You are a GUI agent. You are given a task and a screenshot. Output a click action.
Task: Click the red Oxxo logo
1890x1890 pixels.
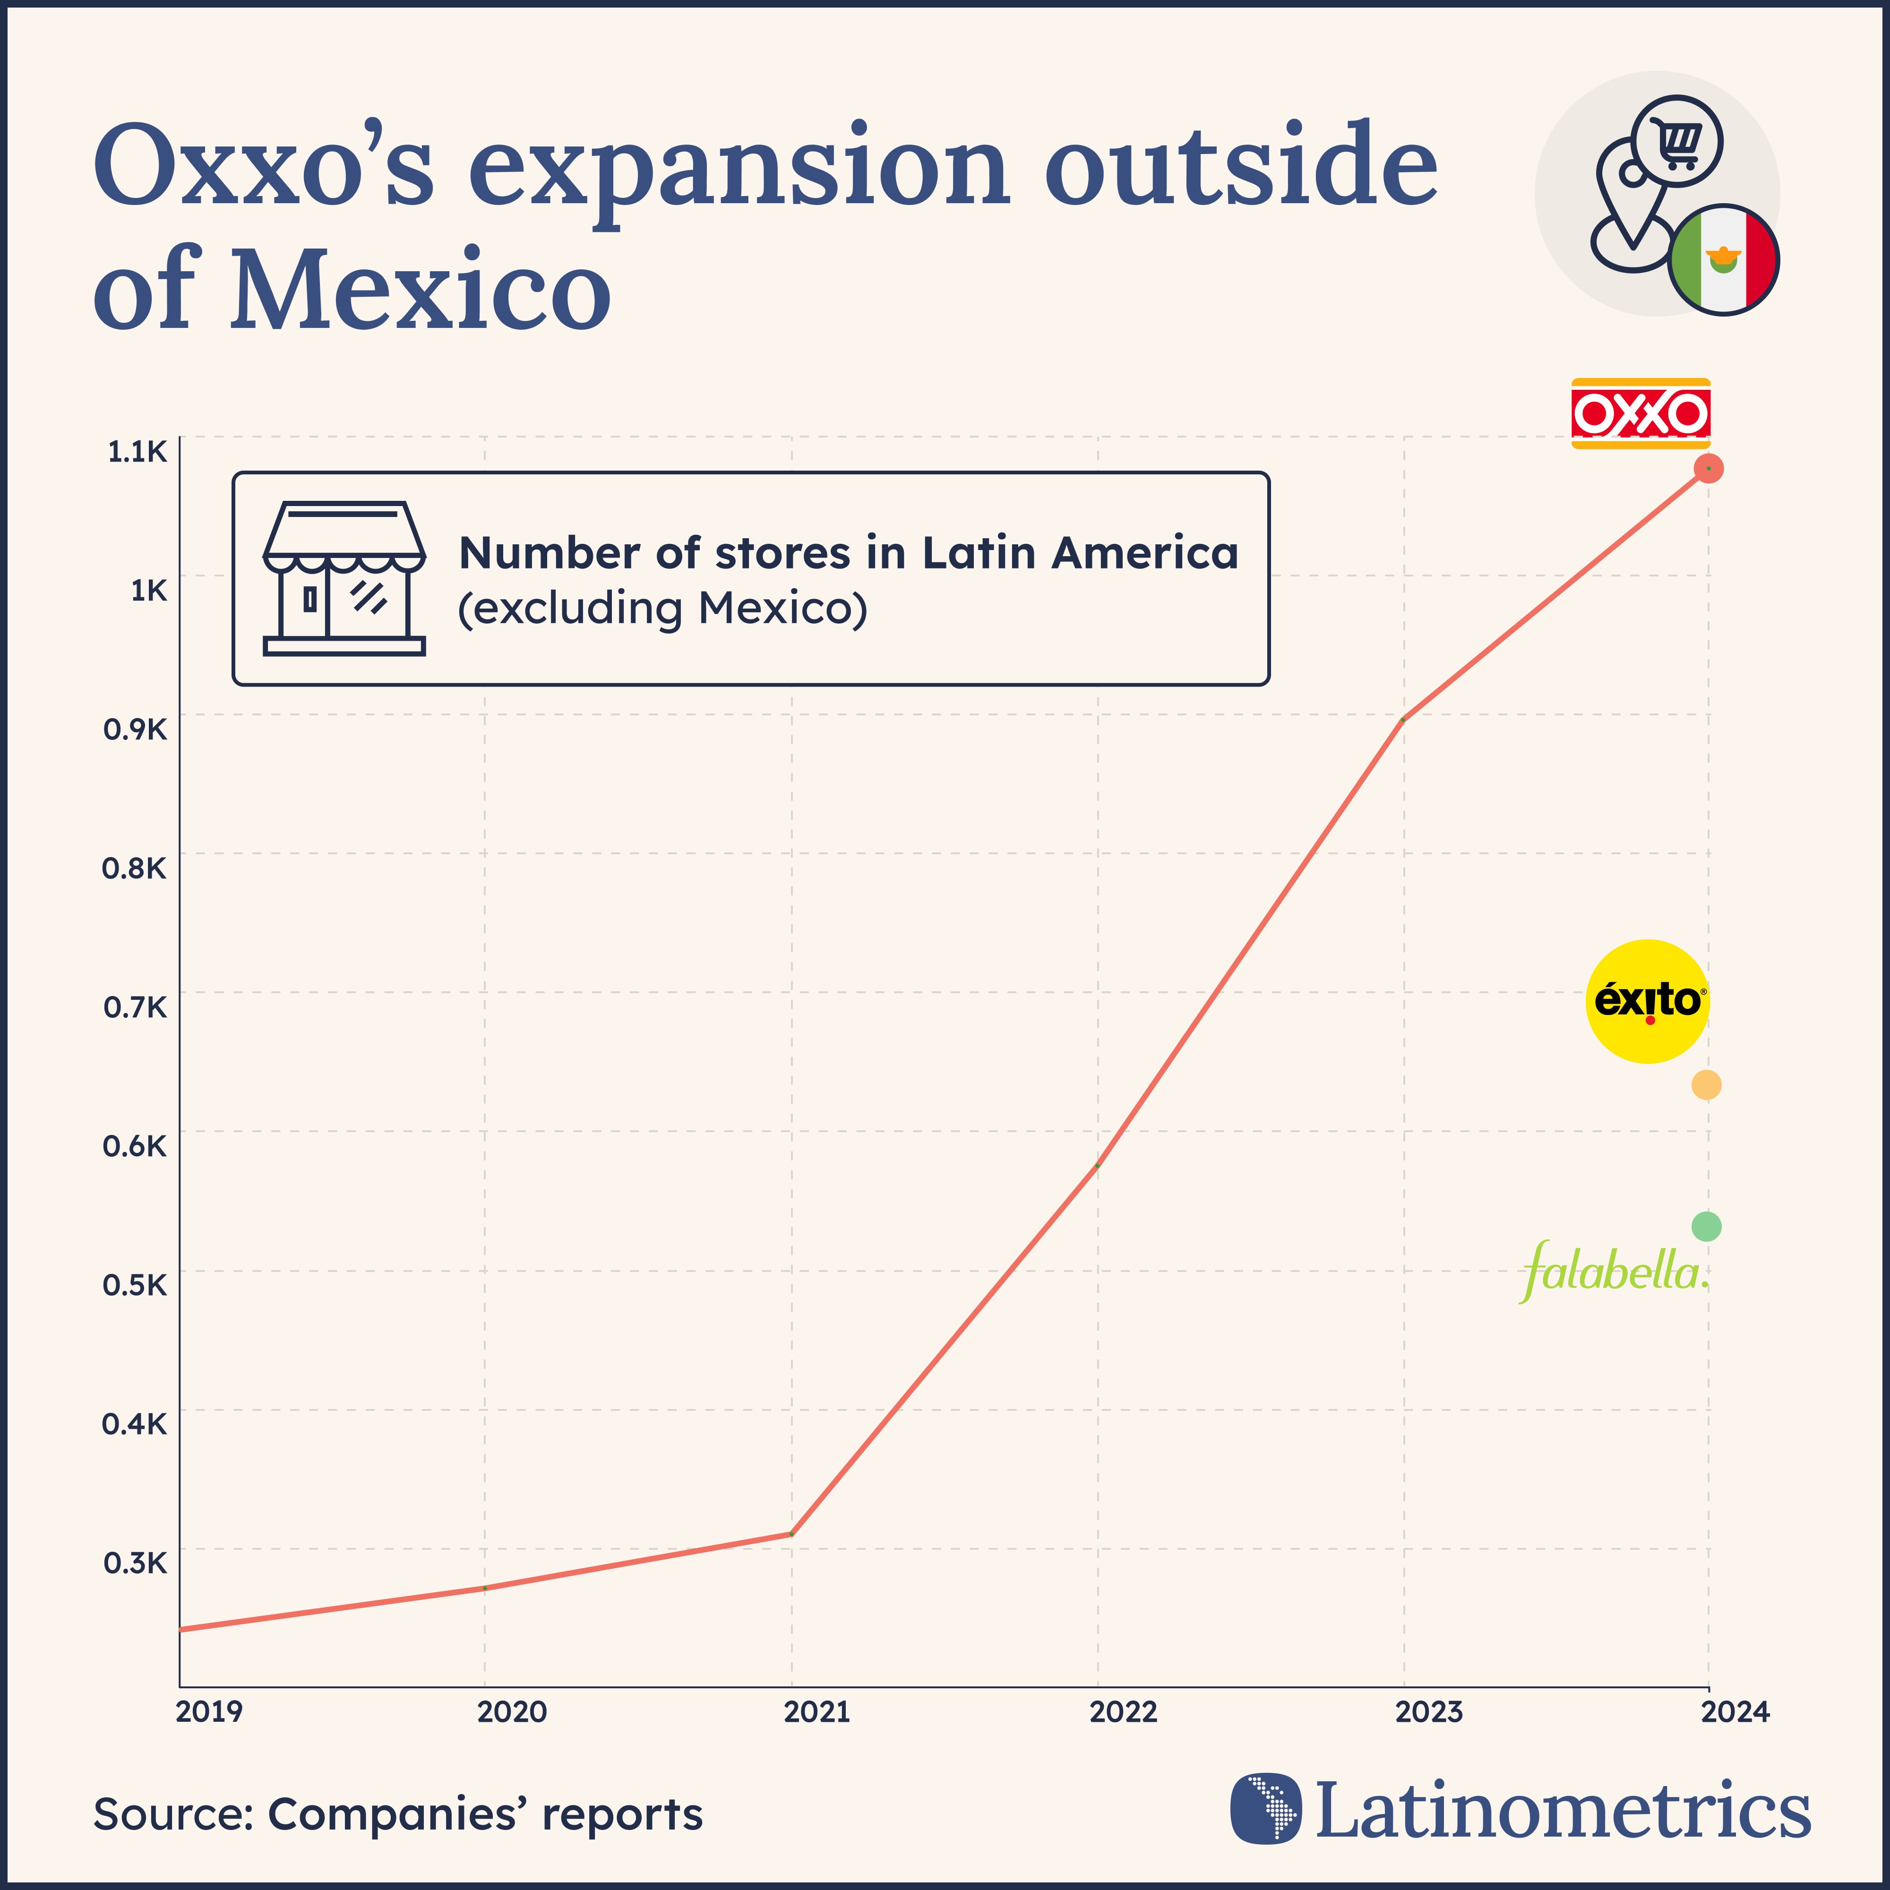tap(1641, 414)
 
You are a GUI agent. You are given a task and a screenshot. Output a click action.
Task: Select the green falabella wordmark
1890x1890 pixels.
tap(1614, 1272)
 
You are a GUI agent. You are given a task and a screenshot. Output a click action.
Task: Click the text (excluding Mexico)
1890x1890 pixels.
tap(662, 609)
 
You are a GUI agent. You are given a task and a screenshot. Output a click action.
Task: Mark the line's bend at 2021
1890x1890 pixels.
tap(791, 1534)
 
